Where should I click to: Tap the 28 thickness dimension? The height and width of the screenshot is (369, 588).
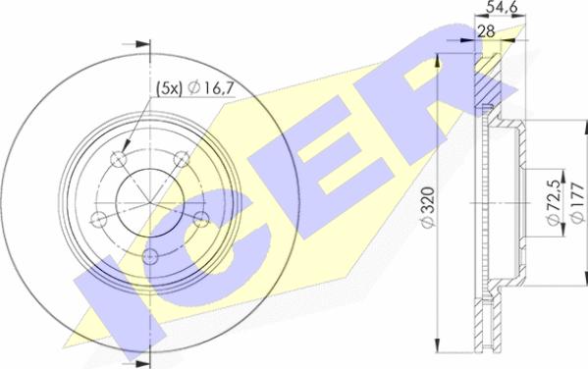click(486, 31)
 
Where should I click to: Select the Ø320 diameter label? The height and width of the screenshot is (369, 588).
click(429, 207)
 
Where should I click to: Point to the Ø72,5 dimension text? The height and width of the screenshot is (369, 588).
click(555, 202)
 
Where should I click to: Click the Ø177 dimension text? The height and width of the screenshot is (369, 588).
click(578, 203)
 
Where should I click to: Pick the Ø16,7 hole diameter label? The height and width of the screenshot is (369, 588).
click(211, 89)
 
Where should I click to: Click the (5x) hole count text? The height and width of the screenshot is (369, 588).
click(169, 89)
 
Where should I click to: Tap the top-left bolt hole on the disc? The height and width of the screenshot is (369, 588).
click(119, 159)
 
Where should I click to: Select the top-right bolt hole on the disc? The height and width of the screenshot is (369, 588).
click(183, 159)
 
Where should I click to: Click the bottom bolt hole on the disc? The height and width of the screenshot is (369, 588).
click(150, 256)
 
